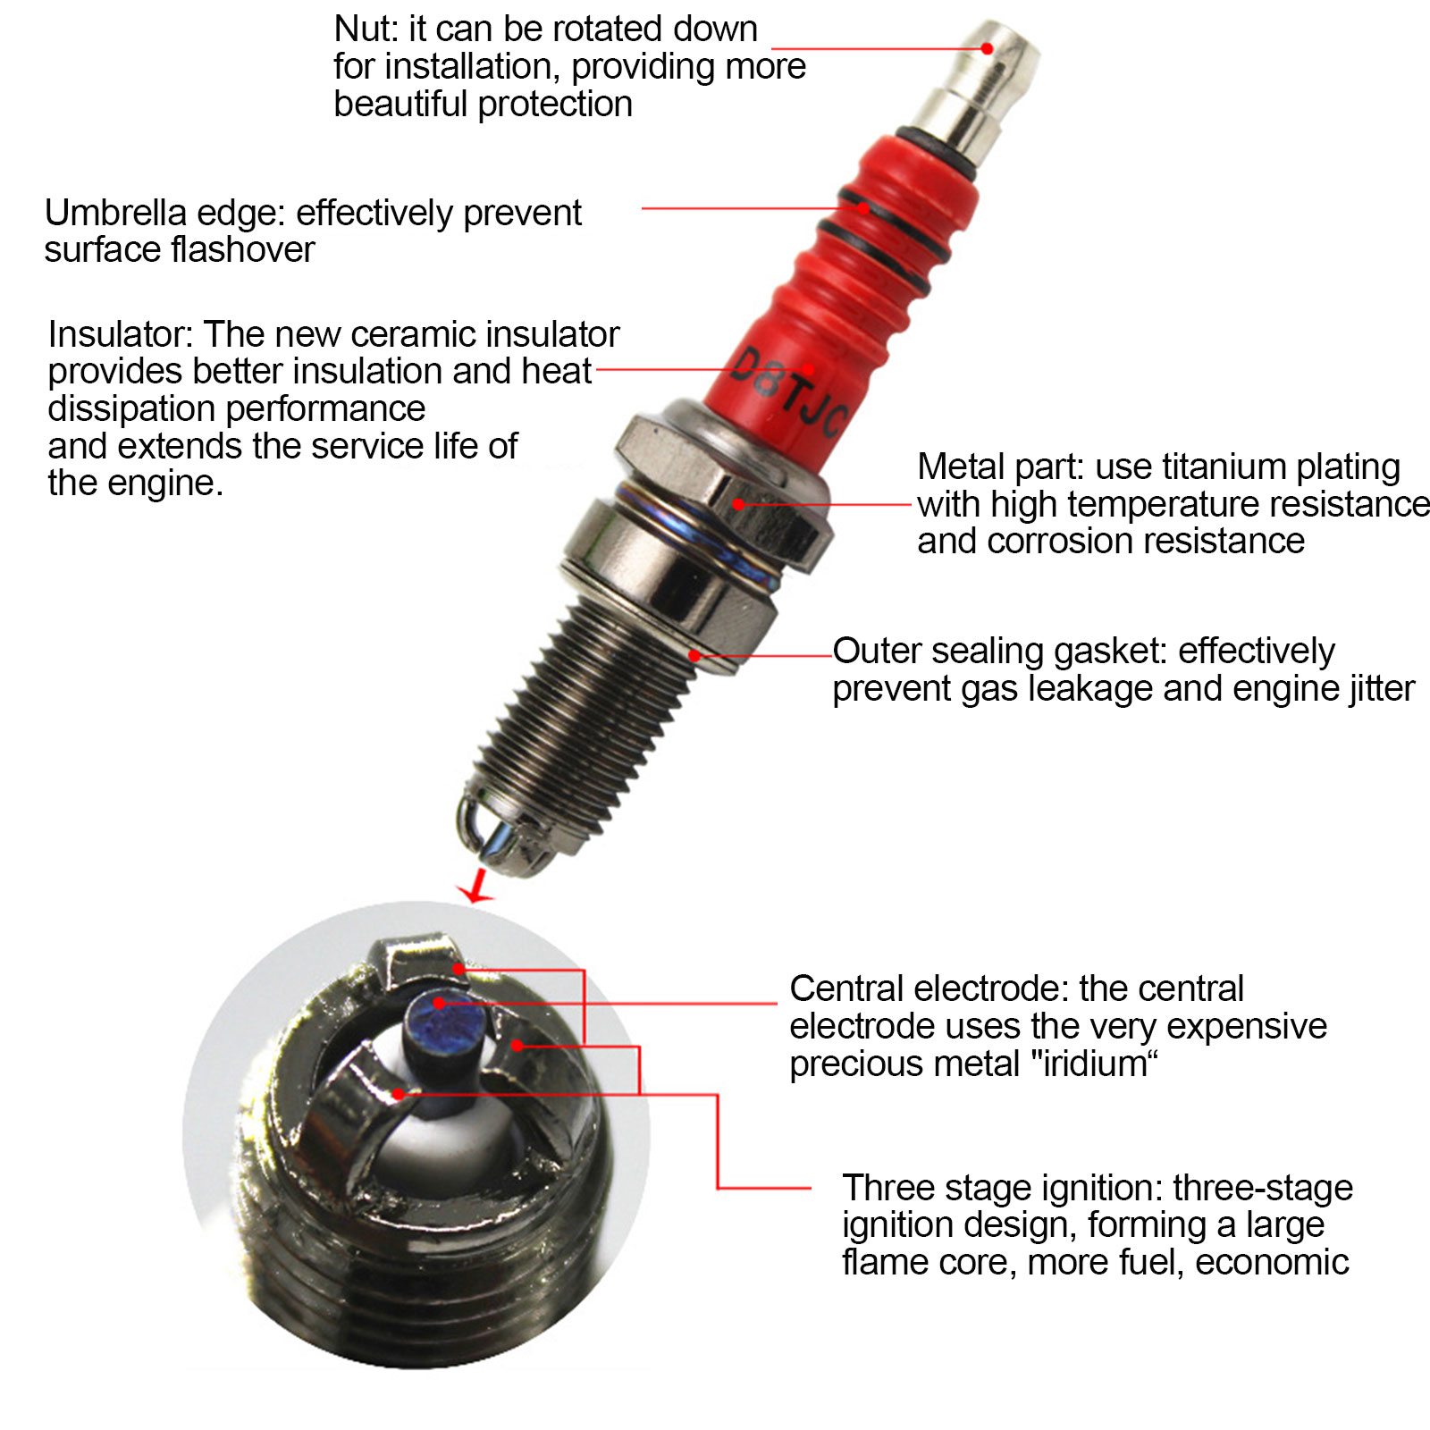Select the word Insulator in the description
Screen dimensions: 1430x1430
tap(120, 334)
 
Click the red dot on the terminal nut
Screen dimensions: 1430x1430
tap(987, 48)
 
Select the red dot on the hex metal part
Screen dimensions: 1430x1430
tap(739, 504)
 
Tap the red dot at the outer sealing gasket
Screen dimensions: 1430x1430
tap(694, 655)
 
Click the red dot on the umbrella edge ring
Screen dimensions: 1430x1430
tap(863, 208)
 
